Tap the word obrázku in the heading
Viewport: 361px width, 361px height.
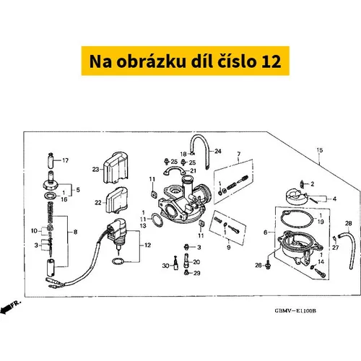152,61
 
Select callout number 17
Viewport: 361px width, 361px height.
66,160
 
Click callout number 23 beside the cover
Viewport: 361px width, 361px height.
95,170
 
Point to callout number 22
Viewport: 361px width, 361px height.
98,203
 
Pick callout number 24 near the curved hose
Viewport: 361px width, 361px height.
218,151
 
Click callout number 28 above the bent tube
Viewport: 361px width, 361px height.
348,223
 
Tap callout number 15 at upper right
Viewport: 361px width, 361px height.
319,150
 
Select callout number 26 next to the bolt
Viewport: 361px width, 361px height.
258,265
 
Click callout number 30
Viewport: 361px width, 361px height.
165,266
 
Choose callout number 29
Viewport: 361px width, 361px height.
197,273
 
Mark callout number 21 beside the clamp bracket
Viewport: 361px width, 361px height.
193,170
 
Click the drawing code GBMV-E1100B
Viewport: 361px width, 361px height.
295,311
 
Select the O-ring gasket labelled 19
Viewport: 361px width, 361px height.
297,219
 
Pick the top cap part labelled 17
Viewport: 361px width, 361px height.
51,161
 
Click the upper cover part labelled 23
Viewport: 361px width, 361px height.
116,168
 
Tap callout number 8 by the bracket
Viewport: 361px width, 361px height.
75,232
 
